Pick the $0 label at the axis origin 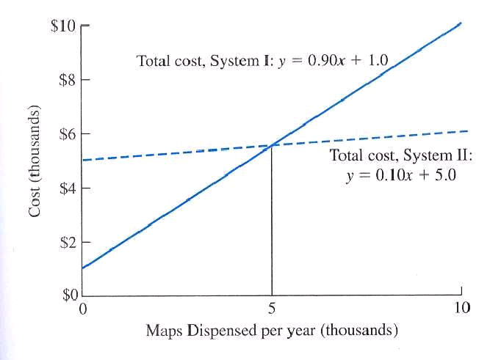point(68,296)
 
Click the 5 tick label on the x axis point(272,308)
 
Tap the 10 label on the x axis point(461,307)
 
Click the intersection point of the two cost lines point(273,145)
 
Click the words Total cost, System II point(400,156)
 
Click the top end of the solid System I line point(461,23)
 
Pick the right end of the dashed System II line point(466,131)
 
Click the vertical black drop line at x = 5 point(273,220)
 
